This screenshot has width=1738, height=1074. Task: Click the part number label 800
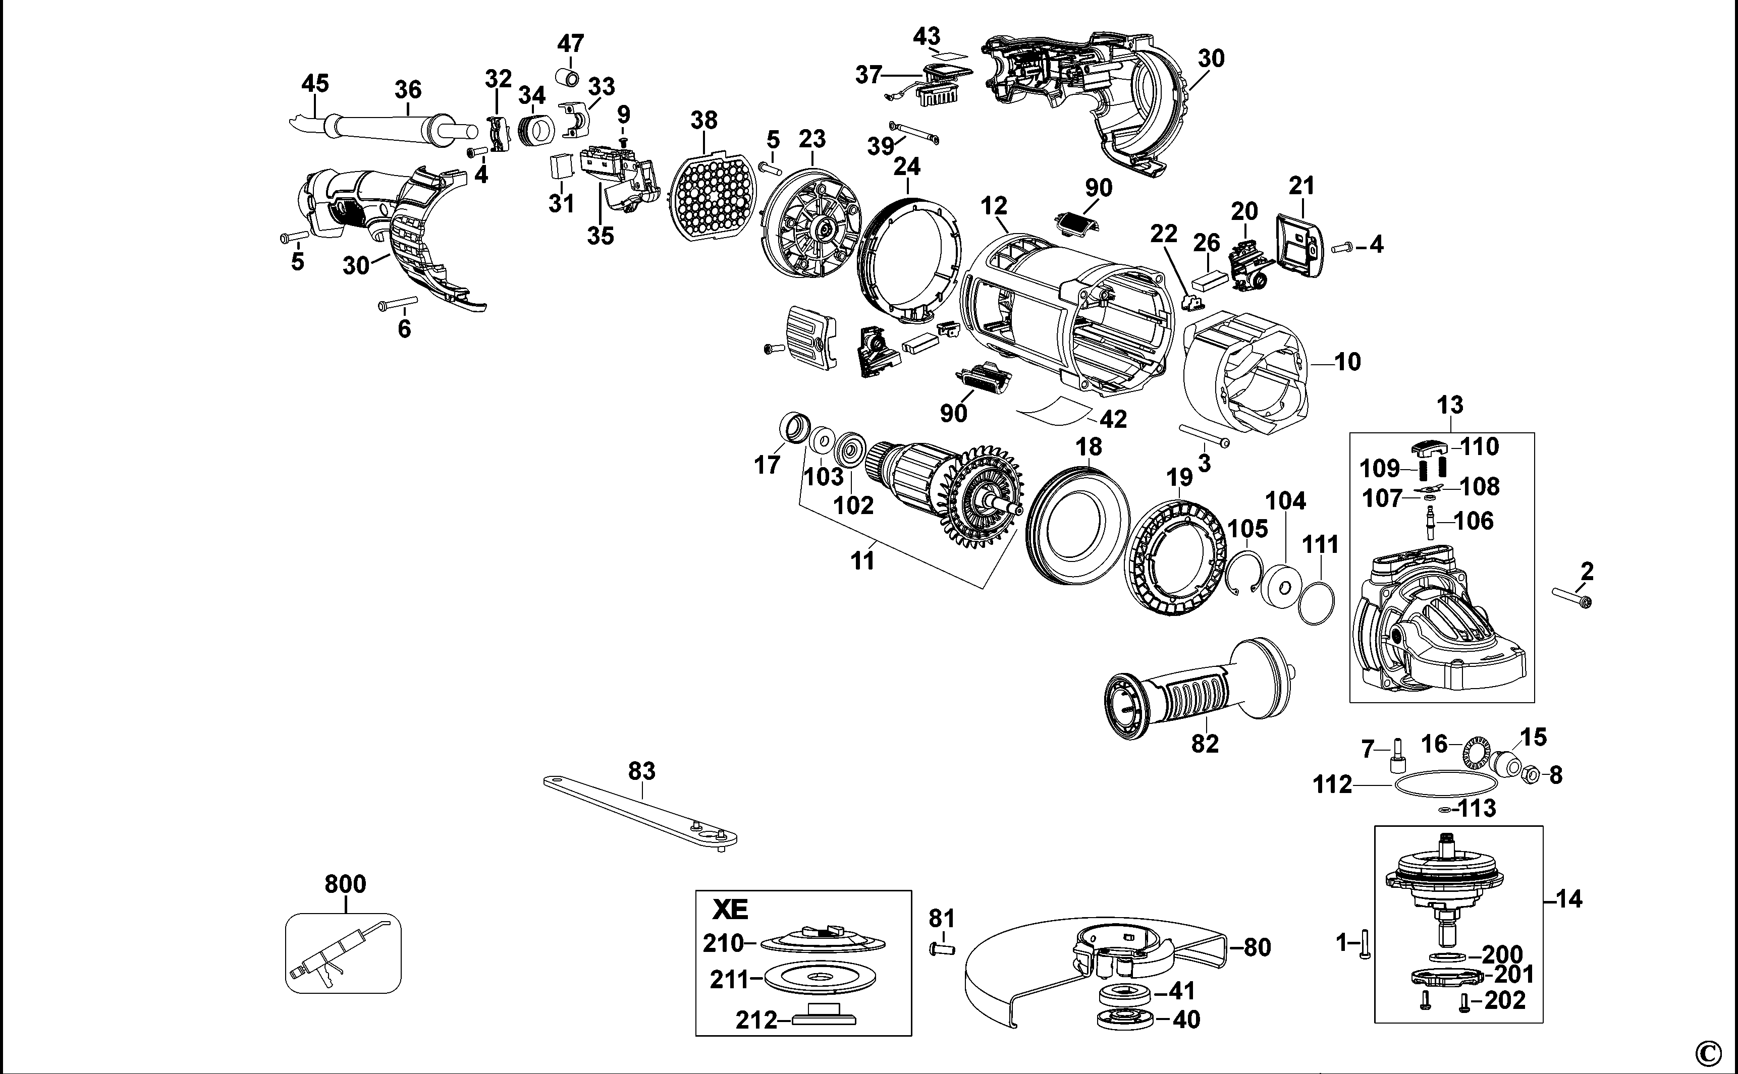tap(345, 884)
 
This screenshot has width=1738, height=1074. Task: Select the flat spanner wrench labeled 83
tap(639, 810)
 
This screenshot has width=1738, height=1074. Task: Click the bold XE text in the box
tap(730, 910)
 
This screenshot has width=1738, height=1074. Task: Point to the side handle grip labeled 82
tap(1201, 689)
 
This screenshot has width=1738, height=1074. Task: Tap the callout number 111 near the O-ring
tap(1320, 545)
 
